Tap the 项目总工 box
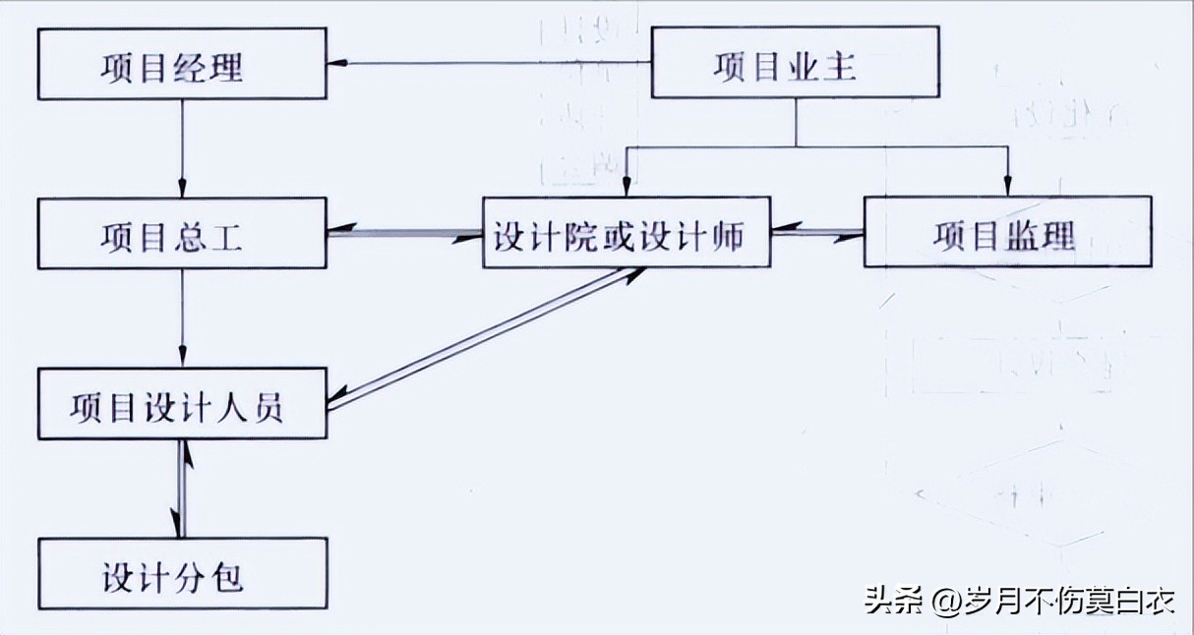point(182,233)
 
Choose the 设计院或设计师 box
point(627,233)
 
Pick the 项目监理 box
point(1007,233)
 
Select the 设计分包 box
point(182,573)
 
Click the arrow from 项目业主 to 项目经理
point(492,64)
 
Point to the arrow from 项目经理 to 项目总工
point(182,147)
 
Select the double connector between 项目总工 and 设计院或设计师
point(404,234)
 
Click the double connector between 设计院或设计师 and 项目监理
point(817,233)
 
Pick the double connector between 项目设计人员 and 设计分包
point(182,489)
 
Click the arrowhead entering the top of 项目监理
point(1006,186)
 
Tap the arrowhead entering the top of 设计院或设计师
point(627,186)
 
